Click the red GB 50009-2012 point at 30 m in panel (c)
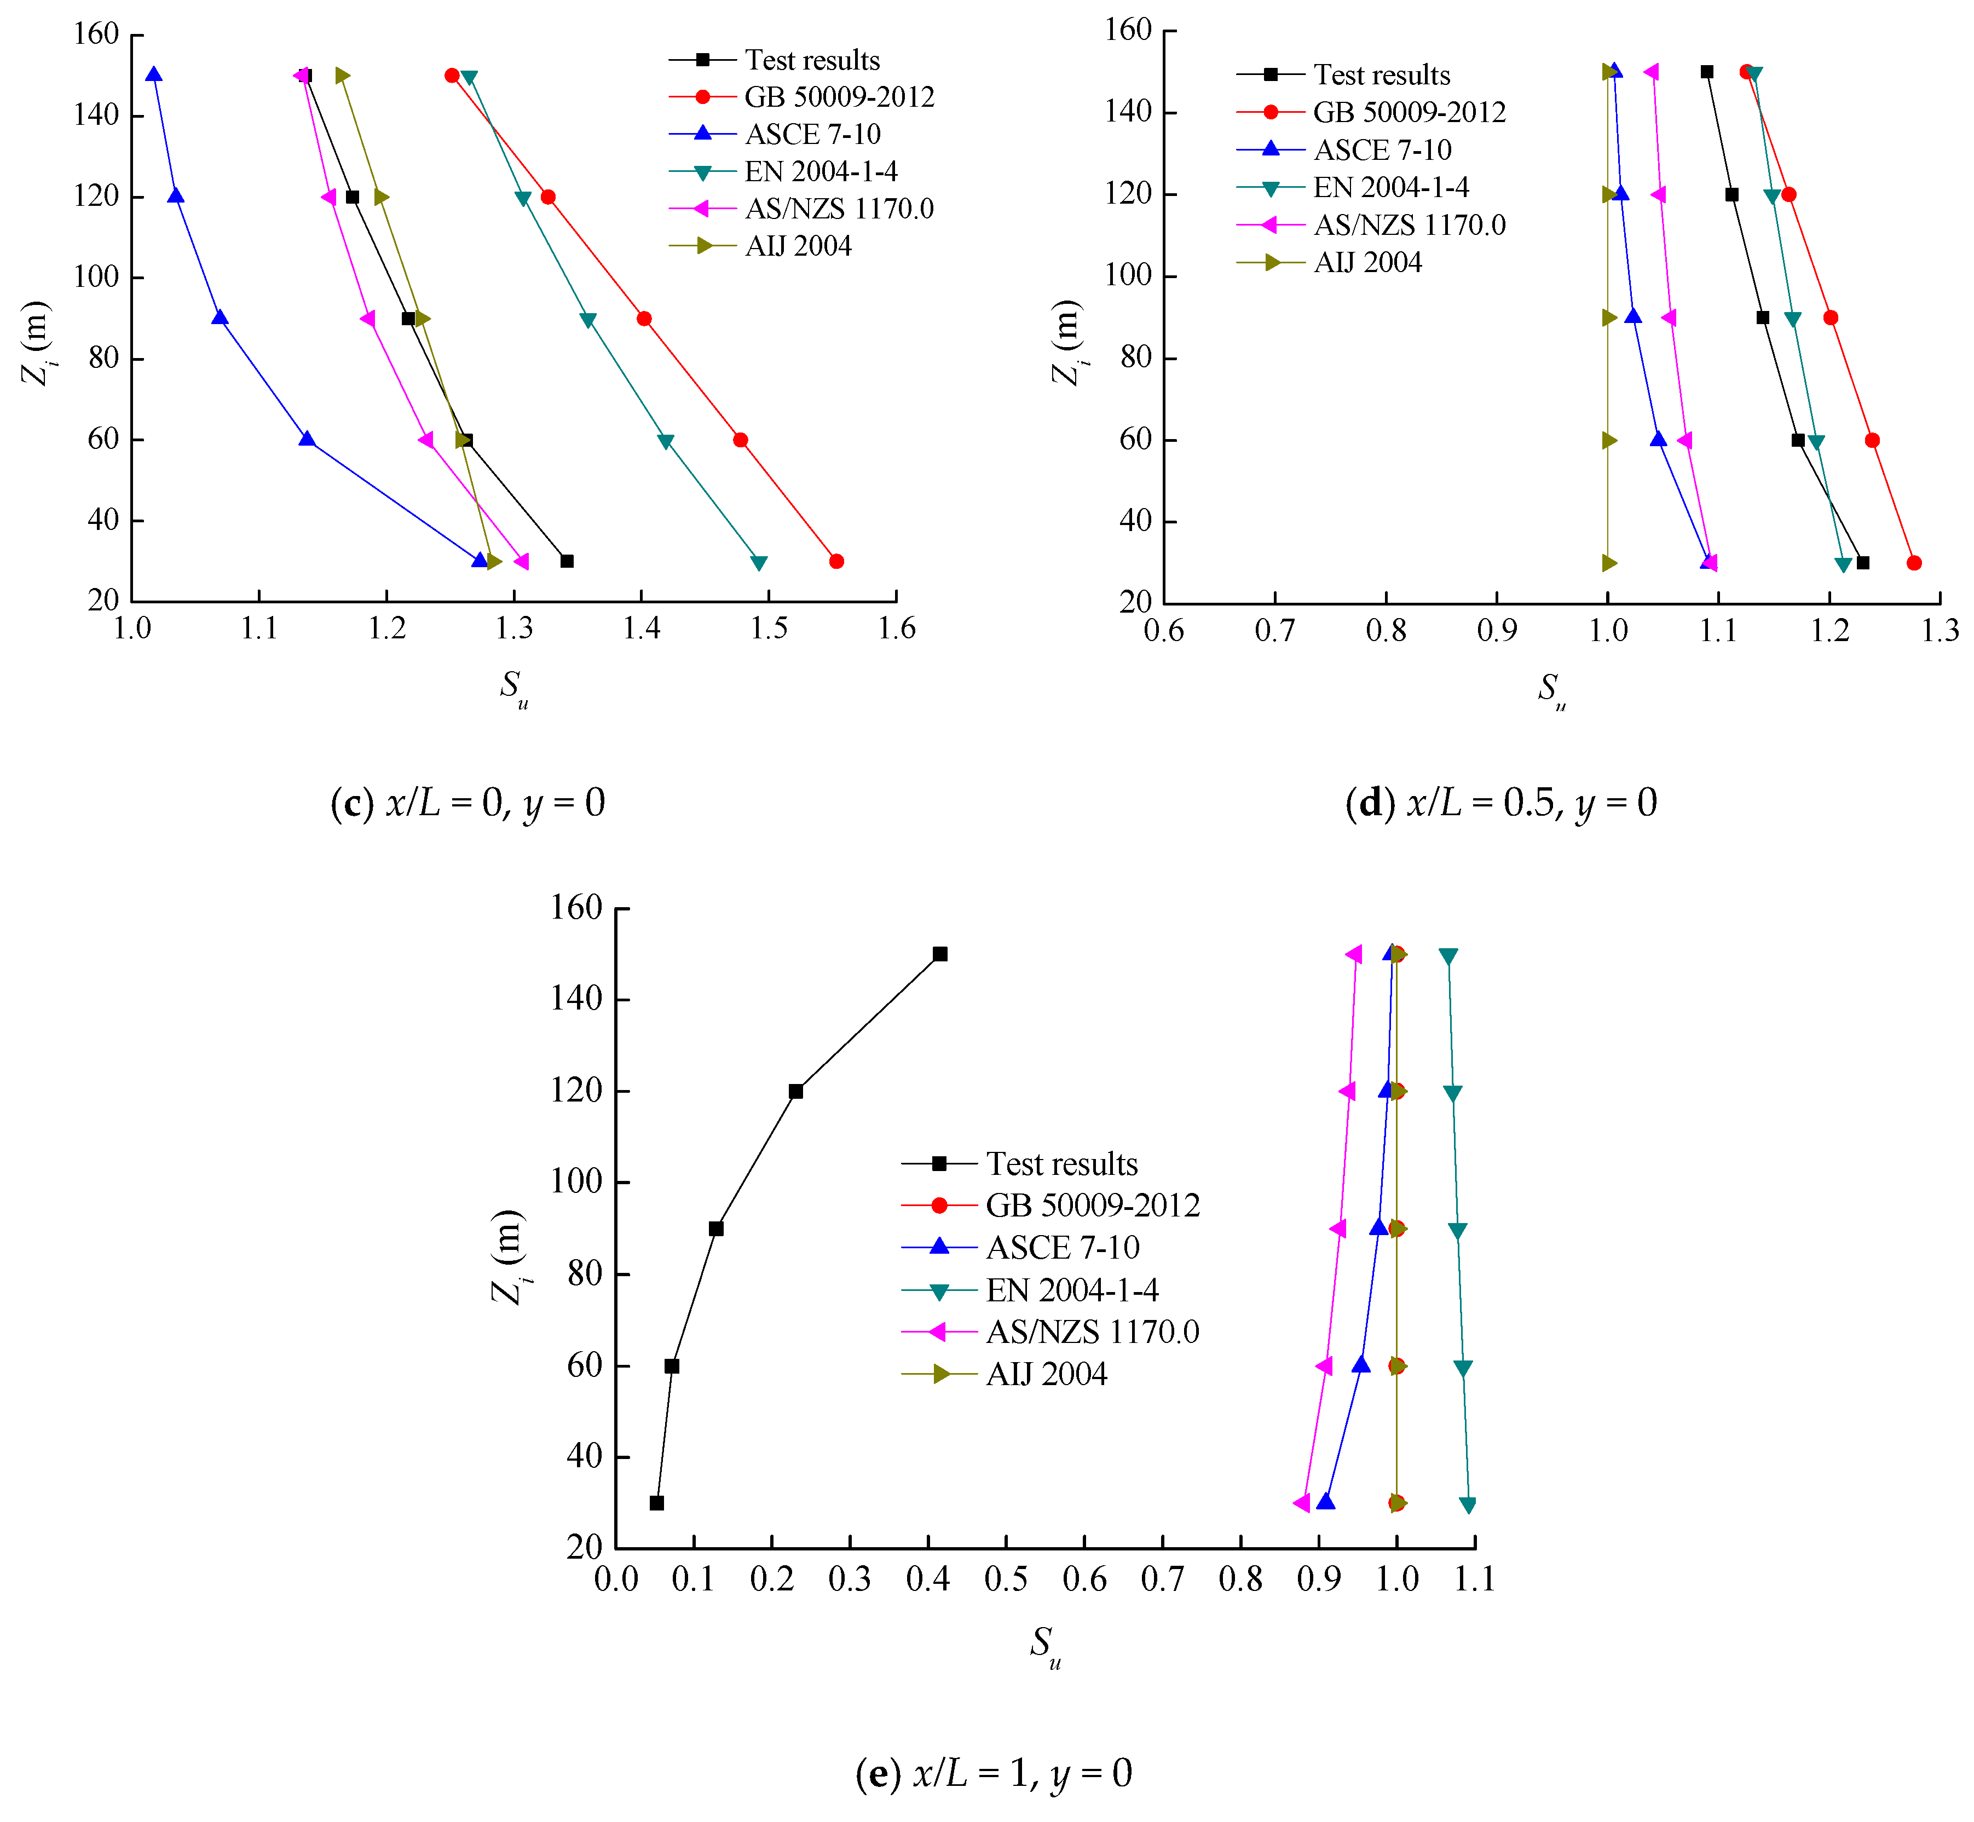tap(836, 561)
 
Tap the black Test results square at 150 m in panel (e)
tap(940, 953)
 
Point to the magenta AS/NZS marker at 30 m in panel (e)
tap(1302, 1503)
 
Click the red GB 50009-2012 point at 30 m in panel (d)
tap(1914, 563)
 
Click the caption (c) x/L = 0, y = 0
tap(467, 803)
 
